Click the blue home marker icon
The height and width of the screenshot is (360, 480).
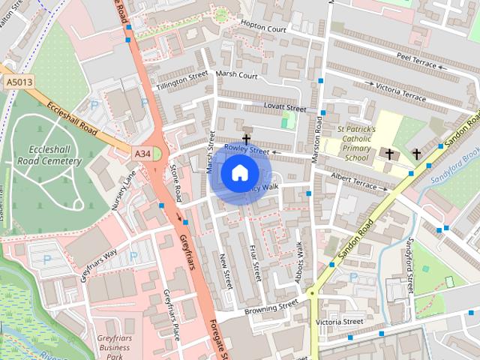coord(238,173)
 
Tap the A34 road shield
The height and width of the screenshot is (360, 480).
coord(143,153)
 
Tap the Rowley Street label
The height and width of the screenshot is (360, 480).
coord(246,151)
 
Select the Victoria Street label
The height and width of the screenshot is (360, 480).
coord(339,322)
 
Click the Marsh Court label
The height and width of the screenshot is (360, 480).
coord(236,75)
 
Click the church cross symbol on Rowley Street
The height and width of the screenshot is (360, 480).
coord(245,140)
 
